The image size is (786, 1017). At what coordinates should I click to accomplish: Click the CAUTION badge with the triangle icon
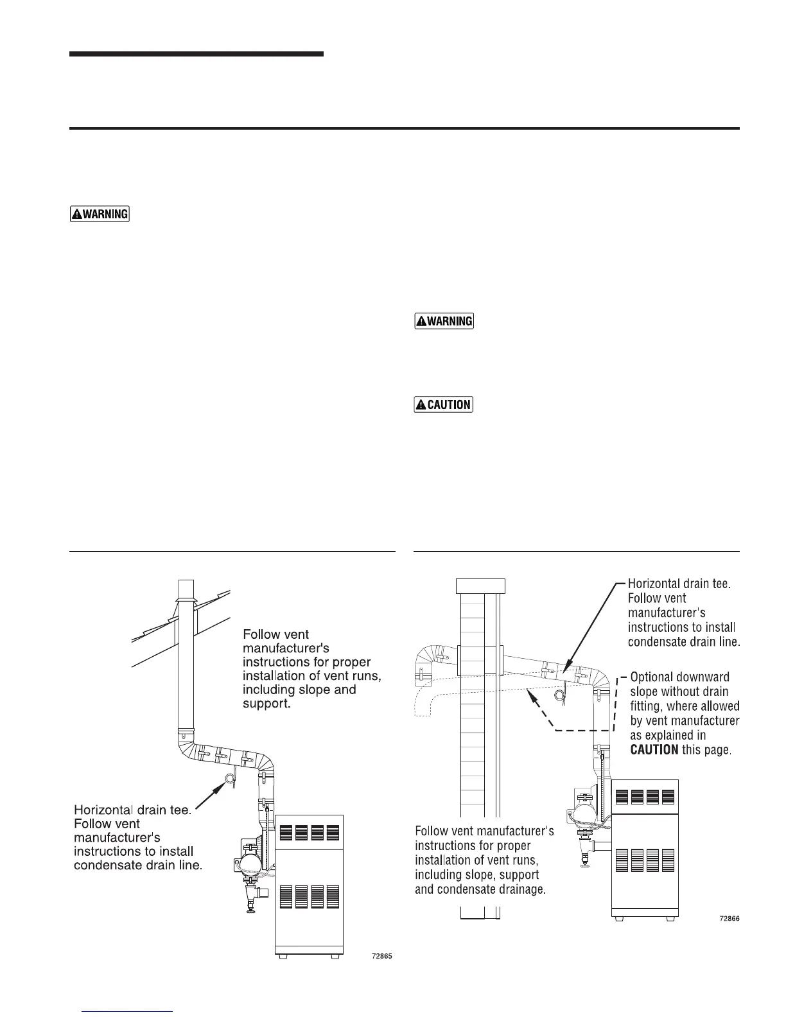pos(444,404)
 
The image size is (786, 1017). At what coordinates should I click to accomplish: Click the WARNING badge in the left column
pos(100,214)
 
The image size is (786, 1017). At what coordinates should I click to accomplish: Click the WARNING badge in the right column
pos(444,320)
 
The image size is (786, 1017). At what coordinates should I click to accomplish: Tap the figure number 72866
pos(729,918)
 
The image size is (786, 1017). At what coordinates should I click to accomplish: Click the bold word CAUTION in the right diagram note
pos(654,749)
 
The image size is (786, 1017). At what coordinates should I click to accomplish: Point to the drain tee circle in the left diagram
pos(229,779)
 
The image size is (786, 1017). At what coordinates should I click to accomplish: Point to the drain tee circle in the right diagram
pos(560,694)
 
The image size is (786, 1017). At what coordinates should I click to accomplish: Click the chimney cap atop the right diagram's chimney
pos(480,586)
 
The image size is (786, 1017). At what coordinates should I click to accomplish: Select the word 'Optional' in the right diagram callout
pos(651,677)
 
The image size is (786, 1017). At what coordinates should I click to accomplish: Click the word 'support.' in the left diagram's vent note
pos(266,704)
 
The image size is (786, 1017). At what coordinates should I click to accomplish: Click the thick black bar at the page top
pos(196,55)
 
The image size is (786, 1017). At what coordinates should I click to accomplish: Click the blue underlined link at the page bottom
pos(128,1011)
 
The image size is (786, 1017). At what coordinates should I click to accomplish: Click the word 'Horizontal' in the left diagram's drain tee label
pos(105,810)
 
